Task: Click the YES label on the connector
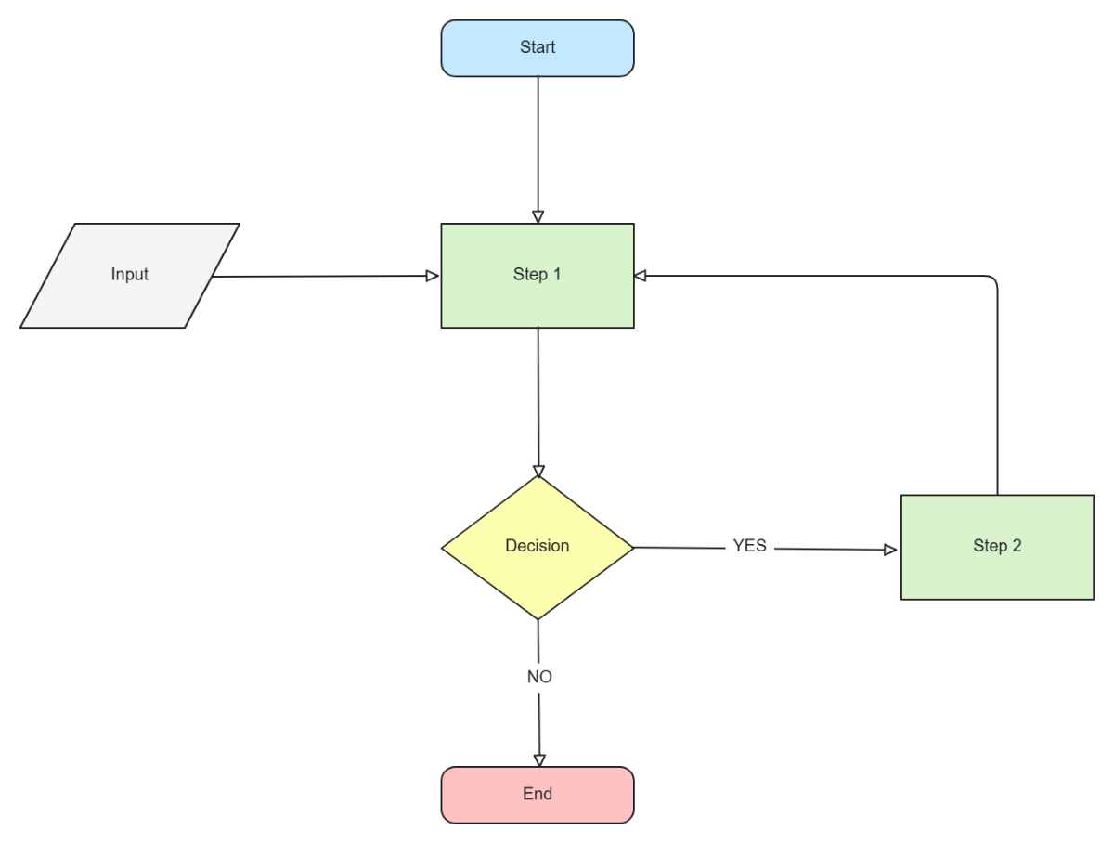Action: click(x=749, y=547)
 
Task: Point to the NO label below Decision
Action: click(x=539, y=677)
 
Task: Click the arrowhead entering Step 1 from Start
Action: click(x=538, y=217)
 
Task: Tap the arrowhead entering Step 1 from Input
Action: click(x=432, y=276)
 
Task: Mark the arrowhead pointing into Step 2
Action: click(x=891, y=550)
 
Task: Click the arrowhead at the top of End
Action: click(x=539, y=760)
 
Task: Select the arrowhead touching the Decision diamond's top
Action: click(x=538, y=471)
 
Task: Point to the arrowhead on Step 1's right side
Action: click(x=641, y=276)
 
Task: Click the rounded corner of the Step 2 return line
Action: click(x=994, y=279)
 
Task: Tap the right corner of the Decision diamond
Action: click(x=632, y=547)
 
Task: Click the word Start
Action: click(x=538, y=47)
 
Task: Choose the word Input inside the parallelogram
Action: click(x=130, y=275)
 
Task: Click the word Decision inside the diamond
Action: click(x=537, y=546)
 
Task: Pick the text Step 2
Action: click(x=997, y=546)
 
